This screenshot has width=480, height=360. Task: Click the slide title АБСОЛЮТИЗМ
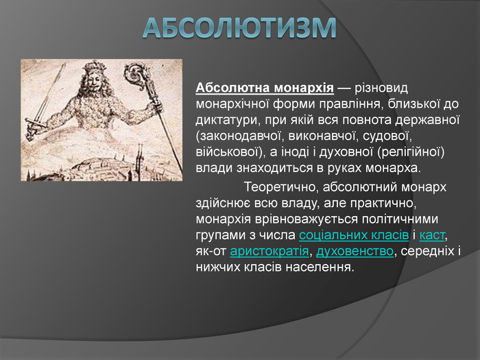[x=239, y=28]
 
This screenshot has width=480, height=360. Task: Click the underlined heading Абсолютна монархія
[x=265, y=88]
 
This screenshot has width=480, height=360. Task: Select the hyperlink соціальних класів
[x=354, y=235]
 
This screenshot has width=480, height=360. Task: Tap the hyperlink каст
[x=431, y=235]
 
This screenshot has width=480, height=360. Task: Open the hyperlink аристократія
[x=269, y=252]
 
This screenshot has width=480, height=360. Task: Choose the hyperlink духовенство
[x=355, y=252]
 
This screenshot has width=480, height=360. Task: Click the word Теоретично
[x=279, y=187]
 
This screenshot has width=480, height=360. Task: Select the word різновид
[x=381, y=88]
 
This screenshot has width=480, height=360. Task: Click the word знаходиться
[x=275, y=169]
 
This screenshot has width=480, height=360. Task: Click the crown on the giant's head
[x=95, y=66]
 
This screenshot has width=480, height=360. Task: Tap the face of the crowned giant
[x=94, y=80]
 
